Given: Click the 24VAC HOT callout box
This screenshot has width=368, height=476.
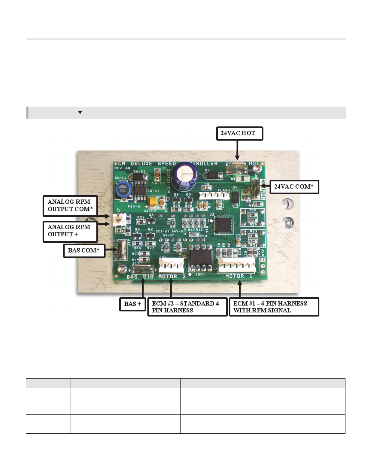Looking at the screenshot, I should [x=239, y=134].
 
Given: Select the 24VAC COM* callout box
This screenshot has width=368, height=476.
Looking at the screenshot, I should [x=294, y=187].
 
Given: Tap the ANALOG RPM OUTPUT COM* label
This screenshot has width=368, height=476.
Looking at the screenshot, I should [x=70, y=206].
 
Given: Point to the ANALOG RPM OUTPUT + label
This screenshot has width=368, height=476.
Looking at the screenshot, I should [x=70, y=231].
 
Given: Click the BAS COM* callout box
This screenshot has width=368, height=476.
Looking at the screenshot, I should [x=84, y=251].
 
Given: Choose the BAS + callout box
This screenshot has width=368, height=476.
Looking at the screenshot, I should [x=132, y=304].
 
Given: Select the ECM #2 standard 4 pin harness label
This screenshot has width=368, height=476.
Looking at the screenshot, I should [x=187, y=307].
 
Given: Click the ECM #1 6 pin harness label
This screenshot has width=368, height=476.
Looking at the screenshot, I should [x=274, y=307].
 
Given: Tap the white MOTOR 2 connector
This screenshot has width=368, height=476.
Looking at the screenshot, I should [x=171, y=265].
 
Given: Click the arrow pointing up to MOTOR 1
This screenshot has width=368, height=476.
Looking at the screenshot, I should [x=239, y=288].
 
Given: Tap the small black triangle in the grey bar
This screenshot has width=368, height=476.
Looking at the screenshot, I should [x=80, y=113].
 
